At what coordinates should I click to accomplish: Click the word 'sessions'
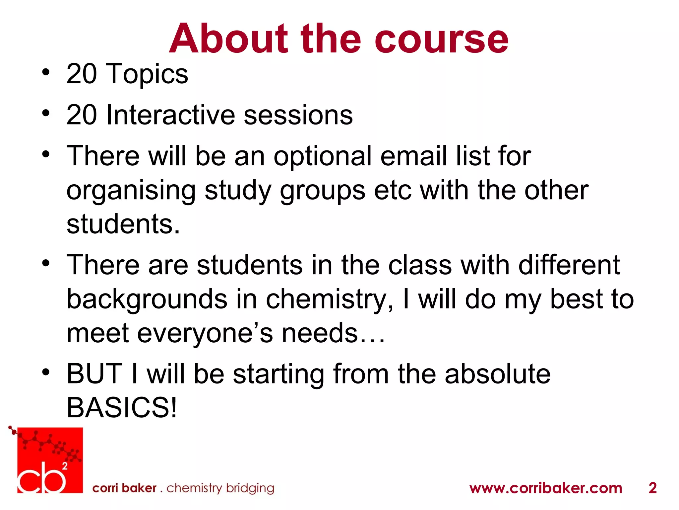coord(298,115)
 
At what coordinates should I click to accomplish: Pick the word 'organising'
coord(131,191)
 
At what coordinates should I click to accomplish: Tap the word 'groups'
coord(322,192)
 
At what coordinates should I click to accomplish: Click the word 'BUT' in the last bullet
coord(94,374)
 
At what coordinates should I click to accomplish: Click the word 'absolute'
coord(497,374)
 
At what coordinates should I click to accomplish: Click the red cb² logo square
coord(50,460)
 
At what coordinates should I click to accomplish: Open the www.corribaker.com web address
coord(545,488)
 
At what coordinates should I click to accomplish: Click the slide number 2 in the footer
coord(652,488)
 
